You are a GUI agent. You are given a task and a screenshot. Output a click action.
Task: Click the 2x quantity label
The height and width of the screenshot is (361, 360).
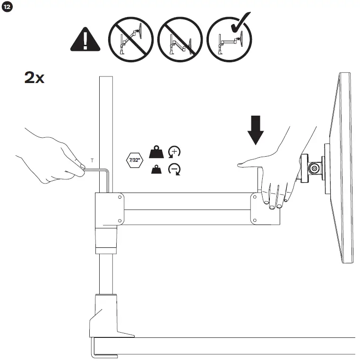click(x=34, y=77)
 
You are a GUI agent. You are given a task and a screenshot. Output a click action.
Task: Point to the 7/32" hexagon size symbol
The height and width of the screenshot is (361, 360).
click(x=135, y=160)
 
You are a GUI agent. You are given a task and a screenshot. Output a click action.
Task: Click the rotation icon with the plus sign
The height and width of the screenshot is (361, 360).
click(x=174, y=152)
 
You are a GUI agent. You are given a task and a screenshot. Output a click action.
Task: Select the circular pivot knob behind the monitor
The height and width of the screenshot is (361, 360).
click(x=313, y=168)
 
